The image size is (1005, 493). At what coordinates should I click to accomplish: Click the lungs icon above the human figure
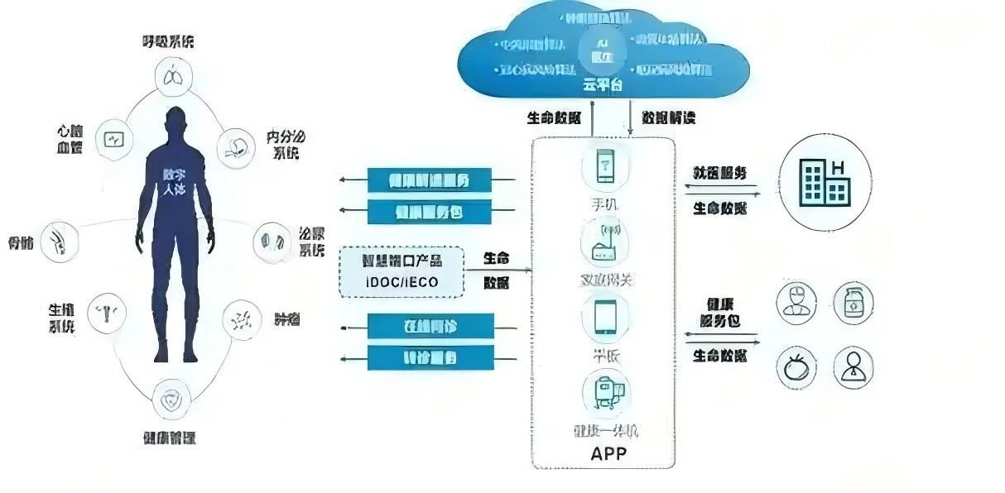point(175,77)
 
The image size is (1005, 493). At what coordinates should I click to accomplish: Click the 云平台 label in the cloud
point(603,85)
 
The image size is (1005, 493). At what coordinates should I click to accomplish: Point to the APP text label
point(608,452)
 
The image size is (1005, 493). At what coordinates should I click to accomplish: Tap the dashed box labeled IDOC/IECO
point(402,271)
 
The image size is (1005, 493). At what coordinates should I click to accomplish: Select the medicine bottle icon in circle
point(852,303)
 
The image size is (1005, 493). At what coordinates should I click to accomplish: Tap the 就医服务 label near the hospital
point(719,174)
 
